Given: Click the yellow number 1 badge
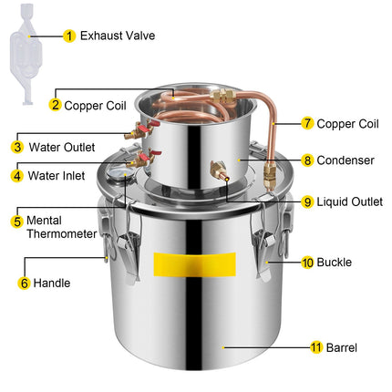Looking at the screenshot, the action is (x=69, y=36).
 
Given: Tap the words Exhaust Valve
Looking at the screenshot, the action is (x=118, y=36).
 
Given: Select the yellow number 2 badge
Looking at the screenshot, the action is (x=56, y=105).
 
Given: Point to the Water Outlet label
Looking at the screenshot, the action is (x=62, y=148).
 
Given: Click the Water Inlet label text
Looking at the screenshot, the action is (x=57, y=176).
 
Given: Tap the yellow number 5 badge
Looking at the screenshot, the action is (x=17, y=222).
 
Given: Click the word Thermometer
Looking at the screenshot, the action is (x=62, y=233).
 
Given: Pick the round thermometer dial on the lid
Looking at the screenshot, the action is (x=117, y=175).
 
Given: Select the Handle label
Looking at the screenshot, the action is (x=52, y=283).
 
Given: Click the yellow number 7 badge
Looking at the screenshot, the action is (x=307, y=123).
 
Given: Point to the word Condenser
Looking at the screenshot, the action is (x=346, y=160).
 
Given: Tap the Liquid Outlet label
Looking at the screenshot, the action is (x=350, y=201).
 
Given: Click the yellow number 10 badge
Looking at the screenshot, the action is (x=307, y=263).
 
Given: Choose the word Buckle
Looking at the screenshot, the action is (x=335, y=263).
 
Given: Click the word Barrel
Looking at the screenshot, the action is (x=342, y=347).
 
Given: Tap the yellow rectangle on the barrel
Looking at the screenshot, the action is (x=195, y=264).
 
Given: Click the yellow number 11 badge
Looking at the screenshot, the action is (x=316, y=347).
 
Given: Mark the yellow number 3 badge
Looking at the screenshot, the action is (x=17, y=147).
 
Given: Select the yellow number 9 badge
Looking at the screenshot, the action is (x=307, y=201).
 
